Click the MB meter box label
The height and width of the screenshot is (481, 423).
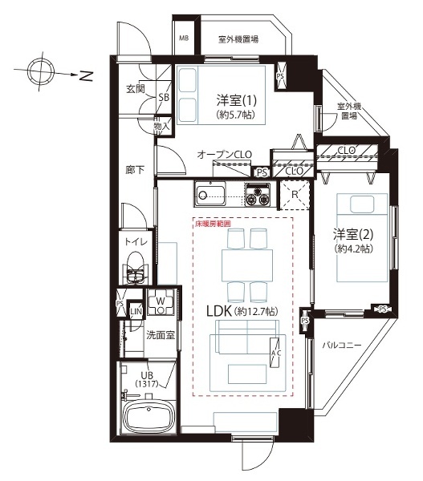point(184,38)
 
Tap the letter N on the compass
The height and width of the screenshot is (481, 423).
point(87,76)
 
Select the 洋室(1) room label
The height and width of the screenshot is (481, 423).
point(236,100)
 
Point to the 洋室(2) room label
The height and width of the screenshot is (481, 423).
point(353,235)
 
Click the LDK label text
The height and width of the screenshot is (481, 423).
point(218,312)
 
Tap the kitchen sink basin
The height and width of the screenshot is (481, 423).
point(210,193)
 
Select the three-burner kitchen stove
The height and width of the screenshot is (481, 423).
point(258,194)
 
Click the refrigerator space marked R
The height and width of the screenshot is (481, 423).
point(295,195)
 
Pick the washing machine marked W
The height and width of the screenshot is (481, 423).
point(161,302)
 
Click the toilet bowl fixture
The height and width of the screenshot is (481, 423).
point(136,268)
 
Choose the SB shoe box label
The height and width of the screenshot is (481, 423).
point(164,98)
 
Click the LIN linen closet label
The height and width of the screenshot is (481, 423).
point(136,312)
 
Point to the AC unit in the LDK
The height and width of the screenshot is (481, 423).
point(275,353)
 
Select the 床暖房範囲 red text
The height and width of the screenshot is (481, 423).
point(213,224)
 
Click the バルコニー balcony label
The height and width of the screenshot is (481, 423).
point(342,346)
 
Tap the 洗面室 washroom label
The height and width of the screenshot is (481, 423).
point(160,335)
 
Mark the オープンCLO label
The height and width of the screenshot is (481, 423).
point(225,154)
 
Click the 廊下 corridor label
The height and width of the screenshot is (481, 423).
point(135,170)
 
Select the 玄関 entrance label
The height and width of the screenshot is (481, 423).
point(136,89)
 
